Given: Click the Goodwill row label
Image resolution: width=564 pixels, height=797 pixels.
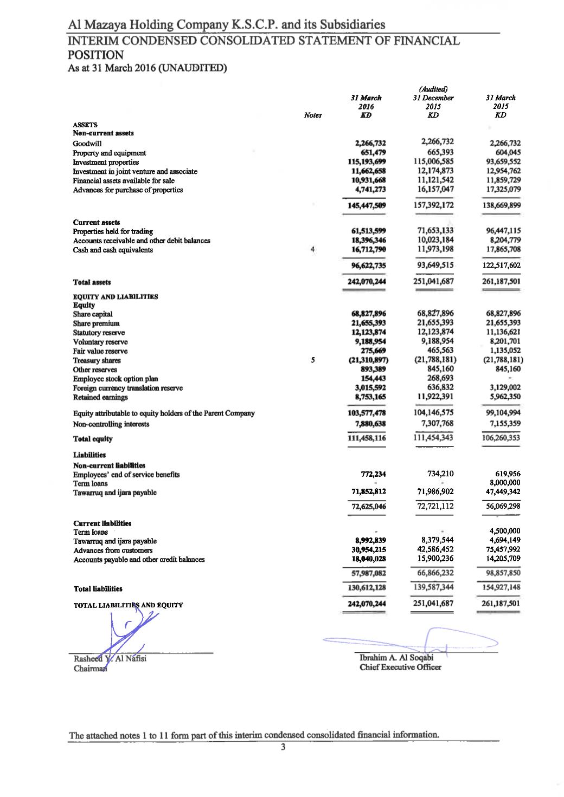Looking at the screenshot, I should click(x=87, y=144).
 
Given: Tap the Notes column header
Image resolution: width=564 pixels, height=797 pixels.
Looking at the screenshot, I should click(x=313, y=115).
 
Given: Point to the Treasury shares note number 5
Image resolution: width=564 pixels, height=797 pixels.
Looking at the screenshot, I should click(x=313, y=360).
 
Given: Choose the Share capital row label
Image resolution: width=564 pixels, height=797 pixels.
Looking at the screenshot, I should click(x=93, y=314).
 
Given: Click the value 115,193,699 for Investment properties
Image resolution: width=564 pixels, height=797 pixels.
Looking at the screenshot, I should click(x=367, y=162).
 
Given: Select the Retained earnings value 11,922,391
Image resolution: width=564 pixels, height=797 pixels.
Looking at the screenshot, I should click(x=433, y=397).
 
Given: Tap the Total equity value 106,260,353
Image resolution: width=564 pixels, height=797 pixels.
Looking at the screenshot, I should click(x=501, y=438).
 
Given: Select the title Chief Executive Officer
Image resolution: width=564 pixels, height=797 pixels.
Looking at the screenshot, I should click(x=400, y=667).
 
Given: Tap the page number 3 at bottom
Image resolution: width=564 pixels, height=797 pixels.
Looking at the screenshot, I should click(x=283, y=748).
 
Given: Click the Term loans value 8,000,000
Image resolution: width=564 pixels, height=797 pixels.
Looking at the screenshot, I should click(x=504, y=483).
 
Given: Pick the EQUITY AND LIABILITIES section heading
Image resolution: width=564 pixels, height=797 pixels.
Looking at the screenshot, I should click(x=116, y=296).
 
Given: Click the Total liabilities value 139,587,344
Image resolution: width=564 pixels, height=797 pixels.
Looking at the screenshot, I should click(x=433, y=587).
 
